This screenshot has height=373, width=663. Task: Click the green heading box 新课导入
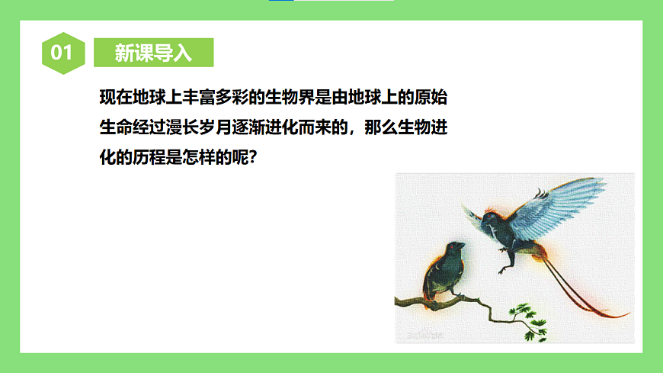point(153,53)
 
